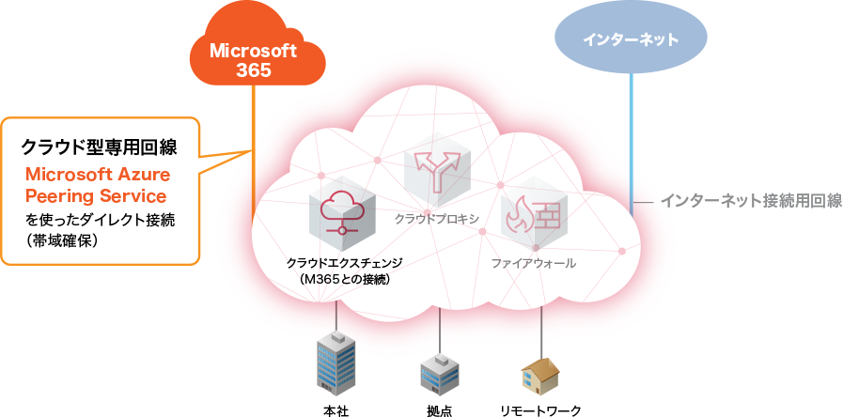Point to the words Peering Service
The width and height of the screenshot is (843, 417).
pyautogui.click(x=96, y=196)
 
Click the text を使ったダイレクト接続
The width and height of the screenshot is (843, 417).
pyautogui.click(x=101, y=220)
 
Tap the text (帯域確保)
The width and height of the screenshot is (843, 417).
pyautogui.click(x=63, y=241)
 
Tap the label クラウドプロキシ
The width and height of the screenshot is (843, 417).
pyautogui.click(x=437, y=218)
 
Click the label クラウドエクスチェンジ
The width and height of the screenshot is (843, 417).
pyautogui.click(x=343, y=263)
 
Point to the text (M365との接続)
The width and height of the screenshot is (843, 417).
pyautogui.click(x=343, y=279)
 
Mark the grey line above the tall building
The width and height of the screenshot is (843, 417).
pyautogui.click(x=336, y=315)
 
